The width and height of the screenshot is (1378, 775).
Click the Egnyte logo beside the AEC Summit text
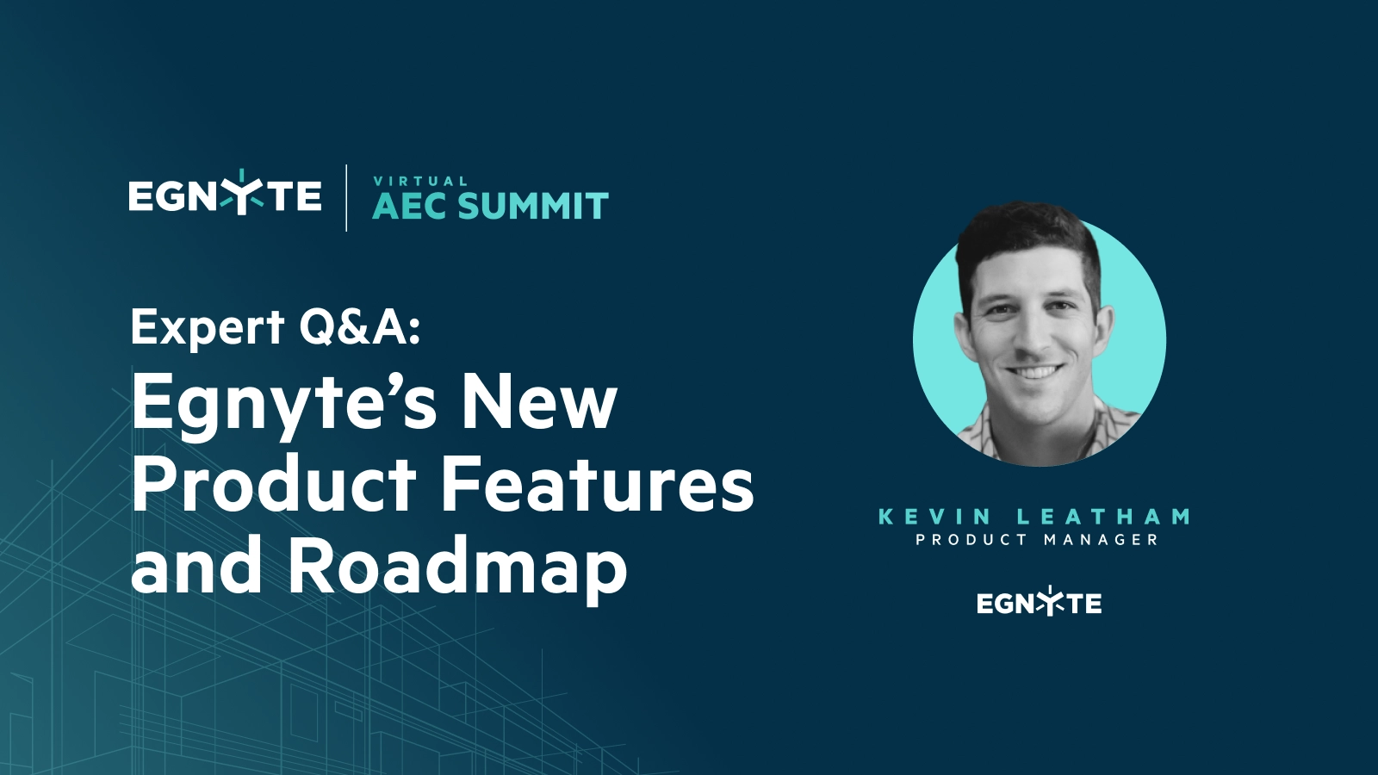(x=225, y=193)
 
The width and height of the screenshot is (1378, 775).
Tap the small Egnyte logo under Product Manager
(x=1039, y=601)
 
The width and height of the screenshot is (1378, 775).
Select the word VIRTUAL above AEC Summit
(x=421, y=181)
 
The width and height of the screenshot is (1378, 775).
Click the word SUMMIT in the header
(x=533, y=206)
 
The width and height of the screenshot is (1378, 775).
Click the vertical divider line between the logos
(x=346, y=198)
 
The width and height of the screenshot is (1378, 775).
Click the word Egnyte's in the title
(x=283, y=406)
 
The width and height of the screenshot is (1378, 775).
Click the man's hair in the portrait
(x=1027, y=237)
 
